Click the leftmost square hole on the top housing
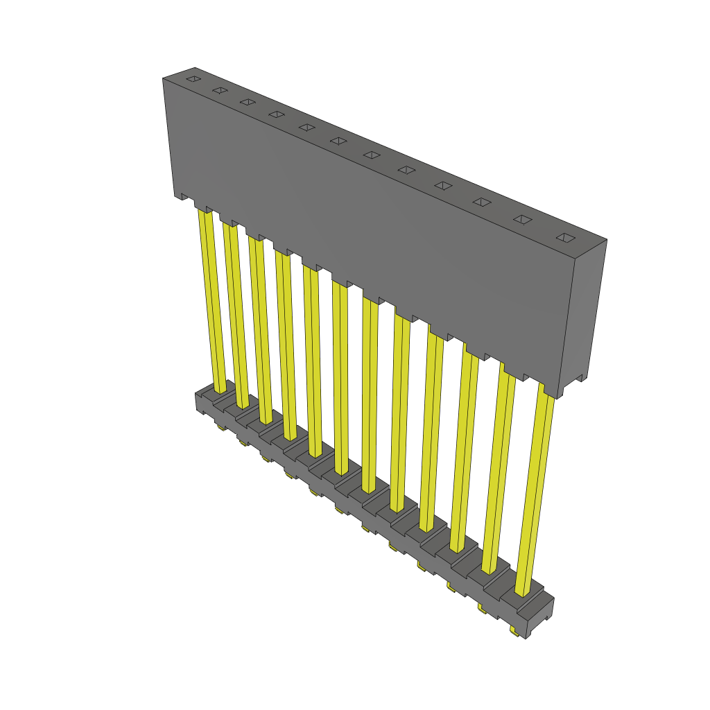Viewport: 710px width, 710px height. [x=193, y=80]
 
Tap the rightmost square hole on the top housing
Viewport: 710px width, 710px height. [x=566, y=238]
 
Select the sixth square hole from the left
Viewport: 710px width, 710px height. [x=338, y=141]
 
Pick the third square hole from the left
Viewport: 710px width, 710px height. [x=248, y=102]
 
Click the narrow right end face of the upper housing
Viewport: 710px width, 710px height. [x=585, y=312]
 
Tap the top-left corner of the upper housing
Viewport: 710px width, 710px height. [x=164, y=80]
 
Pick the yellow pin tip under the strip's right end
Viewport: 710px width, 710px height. [x=514, y=632]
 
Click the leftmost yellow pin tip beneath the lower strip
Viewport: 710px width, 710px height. [x=221, y=428]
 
